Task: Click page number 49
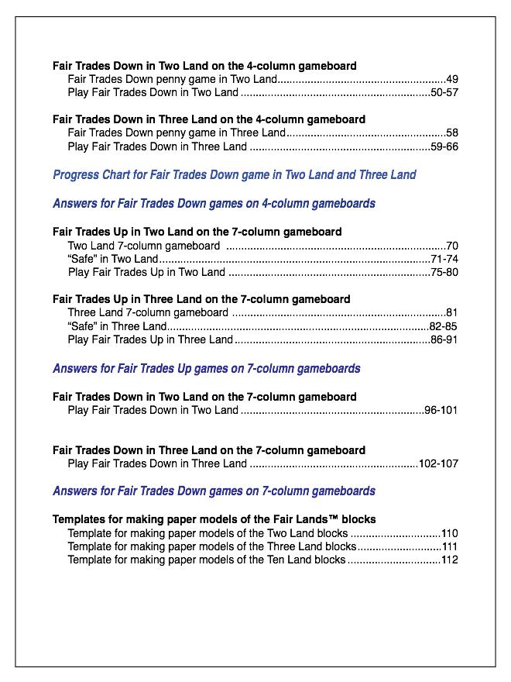[x=452, y=79]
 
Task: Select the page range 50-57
[x=444, y=92]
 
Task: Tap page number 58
[x=452, y=133]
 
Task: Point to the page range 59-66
[x=444, y=146]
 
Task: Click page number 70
[x=452, y=246]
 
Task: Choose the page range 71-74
[x=444, y=259]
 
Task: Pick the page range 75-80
[x=444, y=272]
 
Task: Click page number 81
[x=452, y=313]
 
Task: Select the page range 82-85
[x=444, y=326]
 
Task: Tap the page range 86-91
[x=444, y=339]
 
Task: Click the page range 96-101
[x=441, y=410]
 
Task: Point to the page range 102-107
[x=438, y=463]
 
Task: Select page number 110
[x=450, y=533]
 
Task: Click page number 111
[x=450, y=546]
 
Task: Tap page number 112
[x=450, y=560]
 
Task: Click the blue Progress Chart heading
[x=234, y=175]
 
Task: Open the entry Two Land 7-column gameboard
[x=143, y=246]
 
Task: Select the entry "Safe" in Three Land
[x=117, y=326]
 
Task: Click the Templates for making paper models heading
[x=214, y=519]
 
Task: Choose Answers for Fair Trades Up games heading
[x=206, y=369]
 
